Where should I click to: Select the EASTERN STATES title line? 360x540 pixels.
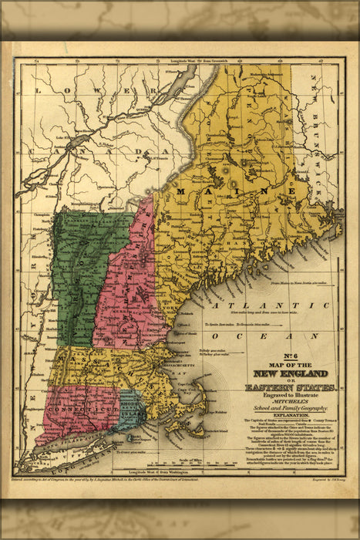[x=291, y=387]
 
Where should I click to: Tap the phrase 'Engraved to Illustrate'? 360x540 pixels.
[x=290, y=395]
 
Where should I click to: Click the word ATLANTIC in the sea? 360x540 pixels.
[x=243, y=307]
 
